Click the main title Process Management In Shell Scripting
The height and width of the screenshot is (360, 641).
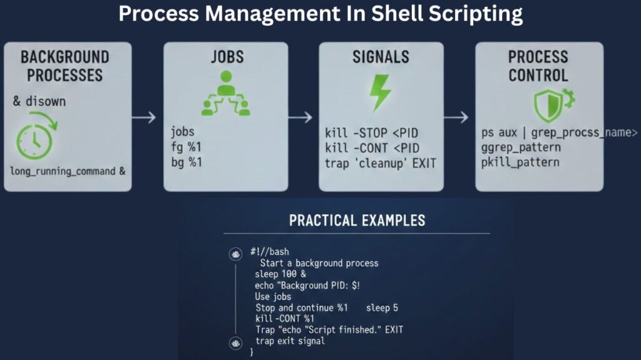pos(320,14)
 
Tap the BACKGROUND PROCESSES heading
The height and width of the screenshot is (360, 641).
pos(64,66)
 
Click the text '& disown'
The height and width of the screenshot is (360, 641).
pos(39,101)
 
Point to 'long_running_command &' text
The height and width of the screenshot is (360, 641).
pos(67,170)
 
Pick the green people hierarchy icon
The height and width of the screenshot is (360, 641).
pos(225,95)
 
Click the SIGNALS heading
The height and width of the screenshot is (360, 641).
pos(381,58)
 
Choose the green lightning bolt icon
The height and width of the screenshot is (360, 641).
pos(380,93)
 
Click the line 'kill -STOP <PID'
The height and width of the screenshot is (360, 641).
pos(372,133)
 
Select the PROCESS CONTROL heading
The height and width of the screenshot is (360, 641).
pos(538,66)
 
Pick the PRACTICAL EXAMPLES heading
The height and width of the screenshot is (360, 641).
pos(357,220)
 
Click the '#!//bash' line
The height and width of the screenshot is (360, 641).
pos(270,252)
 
